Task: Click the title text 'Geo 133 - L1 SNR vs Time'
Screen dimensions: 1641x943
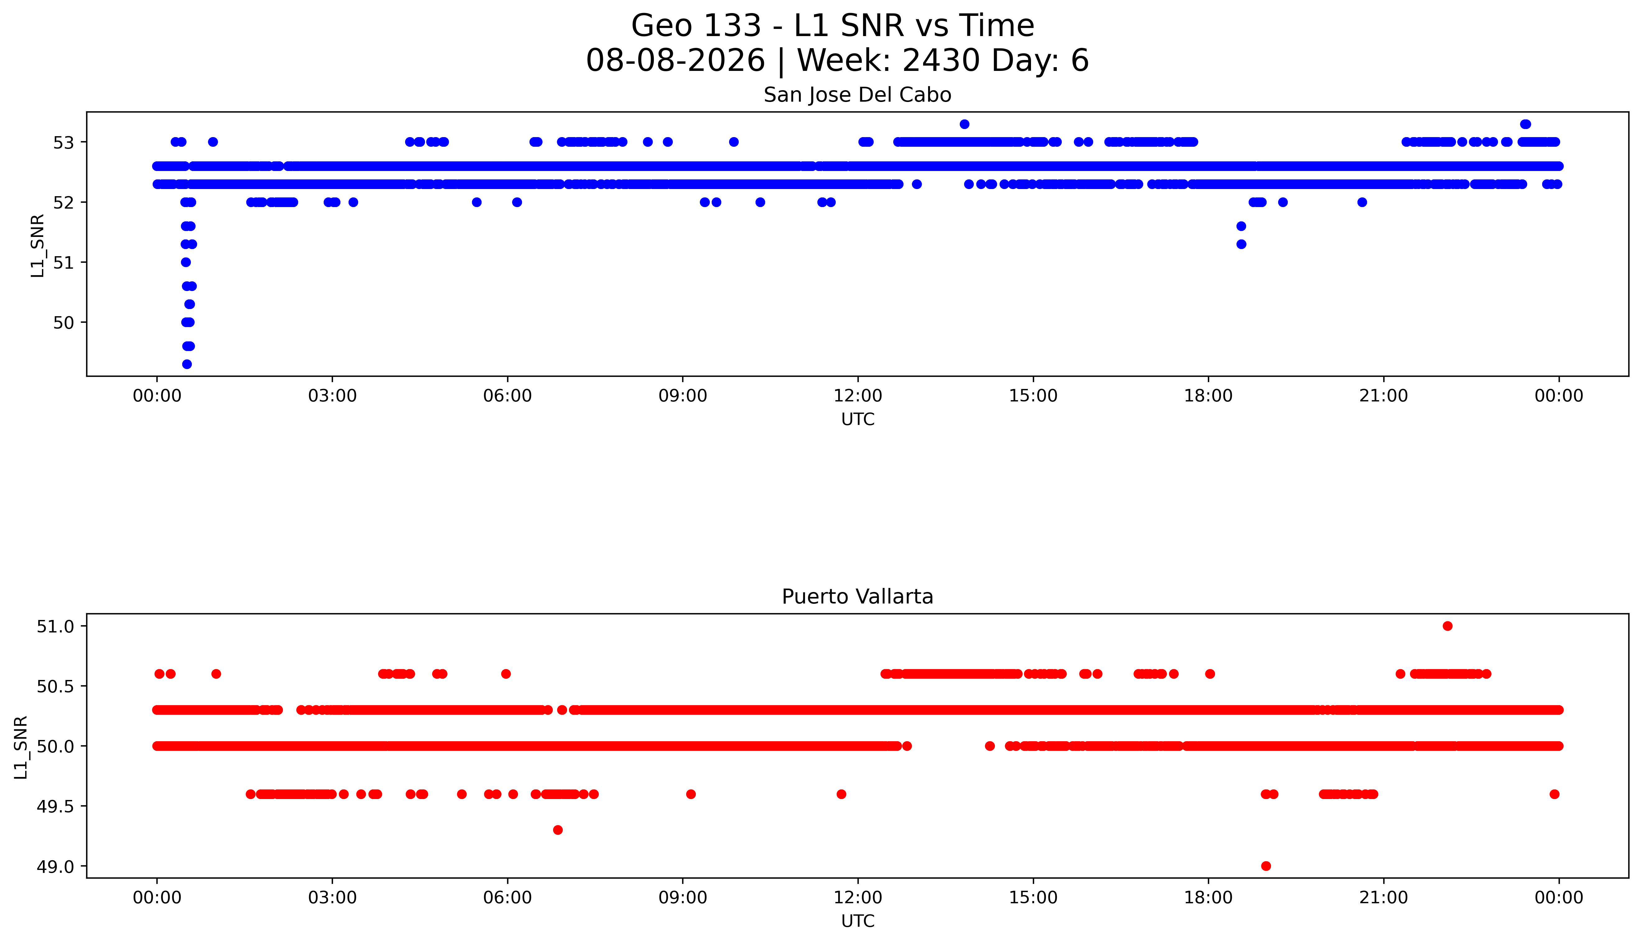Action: pyautogui.click(x=833, y=26)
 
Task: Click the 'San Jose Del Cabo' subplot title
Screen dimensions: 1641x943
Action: pyautogui.click(x=857, y=95)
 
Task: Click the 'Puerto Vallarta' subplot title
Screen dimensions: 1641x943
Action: pyautogui.click(x=857, y=597)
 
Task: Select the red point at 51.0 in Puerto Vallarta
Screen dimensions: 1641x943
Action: pyautogui.click(x=1447, y=626)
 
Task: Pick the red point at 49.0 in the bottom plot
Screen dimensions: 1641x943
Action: pyautogui.click(x=1266, y=866)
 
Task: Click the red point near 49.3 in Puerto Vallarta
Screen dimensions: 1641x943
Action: pyautogui.click(x=557, y=830)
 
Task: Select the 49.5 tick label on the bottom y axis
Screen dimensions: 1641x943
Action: pyautogui.click(x=56, y=806)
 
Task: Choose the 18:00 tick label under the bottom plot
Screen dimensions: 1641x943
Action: pyautogui.click(x=1209, y=898)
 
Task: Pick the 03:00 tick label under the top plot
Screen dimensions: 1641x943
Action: pyautogui.click(x=332, y=396)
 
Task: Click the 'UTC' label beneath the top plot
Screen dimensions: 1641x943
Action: pyautogui.click(x=857, y=420)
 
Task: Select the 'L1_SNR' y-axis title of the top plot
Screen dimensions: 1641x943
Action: pyautogui.click(x=38, y=245)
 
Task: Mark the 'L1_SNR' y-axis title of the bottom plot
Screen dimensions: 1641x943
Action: pyautogui.click(x=21, y=747)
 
